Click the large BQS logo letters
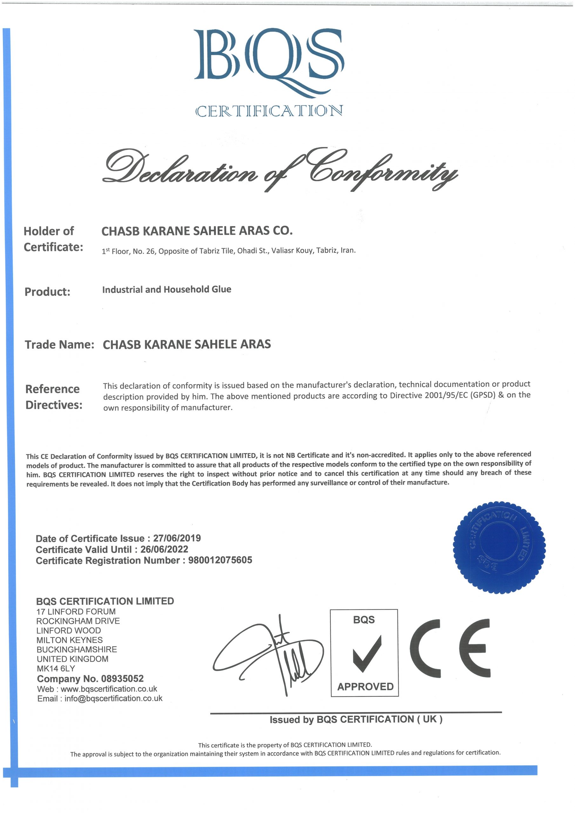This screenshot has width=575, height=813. click(268, 58)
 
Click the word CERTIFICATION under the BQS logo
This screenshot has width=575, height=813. click(269, 111)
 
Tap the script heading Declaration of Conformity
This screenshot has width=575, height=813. click(280, 170)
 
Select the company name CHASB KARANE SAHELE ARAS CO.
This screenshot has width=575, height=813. click(197, 231)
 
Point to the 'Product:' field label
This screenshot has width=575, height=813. click(47, 292)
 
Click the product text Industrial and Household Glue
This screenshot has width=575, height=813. click(166, 289)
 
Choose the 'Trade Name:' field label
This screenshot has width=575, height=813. click(59, 345)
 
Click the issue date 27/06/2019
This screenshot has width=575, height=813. click(177, 538)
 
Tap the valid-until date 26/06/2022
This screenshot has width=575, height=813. click(164, 549)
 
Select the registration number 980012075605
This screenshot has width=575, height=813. click(220, 560)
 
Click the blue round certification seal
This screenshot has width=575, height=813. click(499, 547)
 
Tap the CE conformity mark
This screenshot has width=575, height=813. click(450, 649)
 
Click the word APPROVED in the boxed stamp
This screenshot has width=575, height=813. click(365, 687)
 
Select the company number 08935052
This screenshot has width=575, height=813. click(122, 679)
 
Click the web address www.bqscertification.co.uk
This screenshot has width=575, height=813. click(109, 689)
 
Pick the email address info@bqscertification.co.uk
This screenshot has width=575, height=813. click(113, 698)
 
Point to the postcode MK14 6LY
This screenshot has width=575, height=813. click(56, 669)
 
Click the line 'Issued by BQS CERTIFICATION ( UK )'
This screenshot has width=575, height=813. click(356, 719)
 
